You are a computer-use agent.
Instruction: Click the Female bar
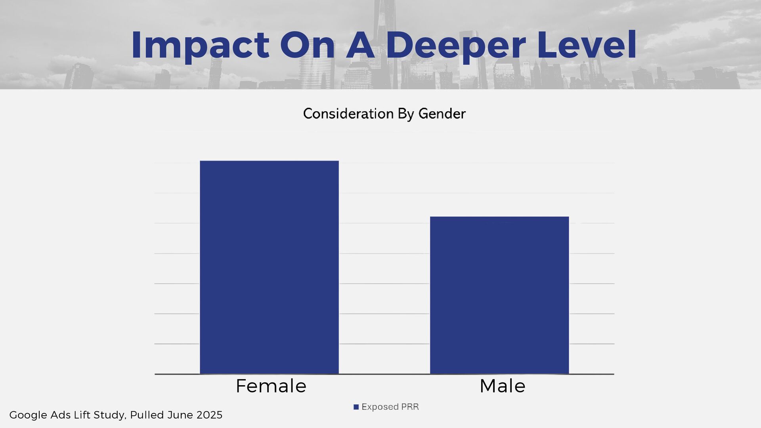(x=269, y=267)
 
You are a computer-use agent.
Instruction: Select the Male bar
(x=499, y=295)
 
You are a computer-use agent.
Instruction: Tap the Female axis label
(x=271, y=386)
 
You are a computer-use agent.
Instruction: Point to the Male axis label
(x=502, y=386)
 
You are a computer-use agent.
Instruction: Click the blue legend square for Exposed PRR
(x=356, y=407)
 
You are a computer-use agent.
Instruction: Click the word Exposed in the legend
(x=380, y=407)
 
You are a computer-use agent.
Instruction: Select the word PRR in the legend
(x=410, y=407)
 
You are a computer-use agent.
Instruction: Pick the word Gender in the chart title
(x=442, y=114)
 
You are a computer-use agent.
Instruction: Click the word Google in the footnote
(x=28, y=415)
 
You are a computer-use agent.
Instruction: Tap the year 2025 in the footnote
(x=209, y=415)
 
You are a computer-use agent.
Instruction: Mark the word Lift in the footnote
(x=82, y=415)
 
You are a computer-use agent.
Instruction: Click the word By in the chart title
(x=406, y=114)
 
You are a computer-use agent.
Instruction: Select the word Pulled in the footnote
(x=147, y=415)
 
